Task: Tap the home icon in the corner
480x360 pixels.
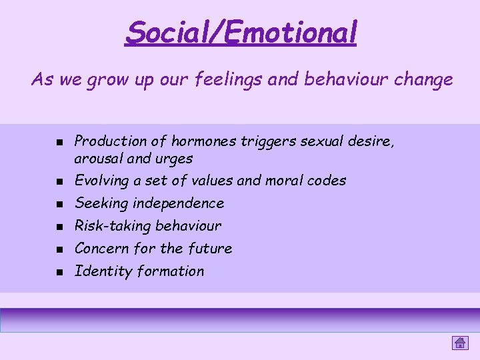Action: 459,343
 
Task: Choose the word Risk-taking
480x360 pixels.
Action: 109,226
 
